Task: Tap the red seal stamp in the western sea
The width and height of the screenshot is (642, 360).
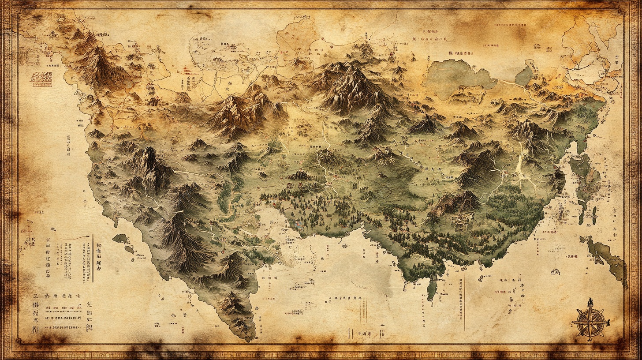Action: click(41, 79)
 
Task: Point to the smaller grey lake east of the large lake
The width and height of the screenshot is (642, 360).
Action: click(525, 76)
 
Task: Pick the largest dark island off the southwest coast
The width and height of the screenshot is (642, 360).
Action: click(120, 239)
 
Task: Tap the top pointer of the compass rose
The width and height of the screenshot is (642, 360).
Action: click(590, 302)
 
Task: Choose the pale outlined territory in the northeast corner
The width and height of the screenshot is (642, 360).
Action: click(591, 66)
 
